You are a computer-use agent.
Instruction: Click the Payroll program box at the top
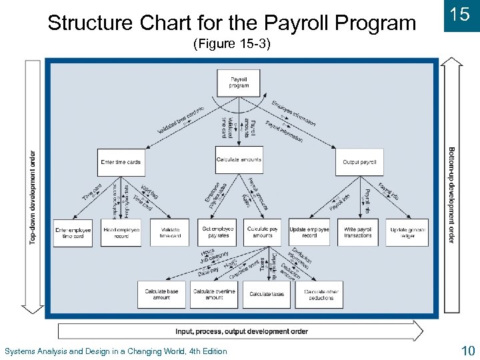(x=239, y=83)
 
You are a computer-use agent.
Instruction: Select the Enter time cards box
(x=121, y=162)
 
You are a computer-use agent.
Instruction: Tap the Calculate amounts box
(x=239, y=160)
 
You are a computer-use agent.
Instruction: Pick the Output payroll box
(x=359, y=162)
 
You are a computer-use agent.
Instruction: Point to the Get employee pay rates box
(x=219, y=233)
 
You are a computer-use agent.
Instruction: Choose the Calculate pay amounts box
(x=263, y=233)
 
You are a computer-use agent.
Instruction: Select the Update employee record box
(x=309, y=233)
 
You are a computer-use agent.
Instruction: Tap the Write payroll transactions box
(x=358, y=233)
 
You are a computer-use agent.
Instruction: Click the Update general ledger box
(x=409, y=233)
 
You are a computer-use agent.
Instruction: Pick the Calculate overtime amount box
(x=214, y=294)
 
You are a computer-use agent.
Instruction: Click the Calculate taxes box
(x=267, y=294)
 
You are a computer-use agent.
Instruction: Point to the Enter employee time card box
(x=73, y=233)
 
